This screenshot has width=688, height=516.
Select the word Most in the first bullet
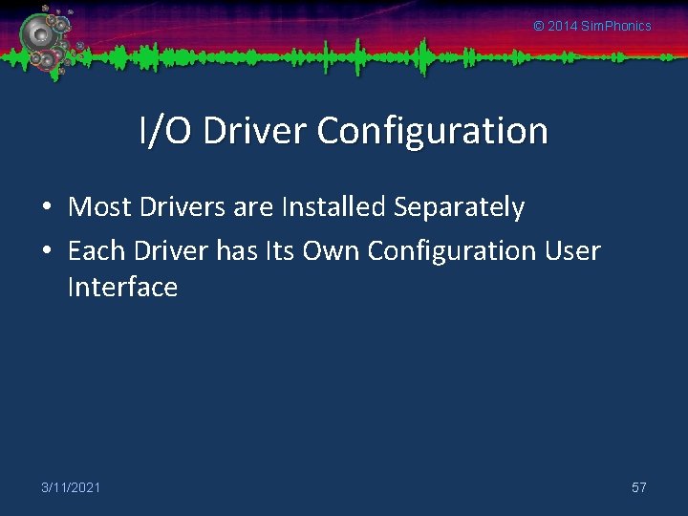click(x=99, y=207)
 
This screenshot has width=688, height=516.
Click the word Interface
click(x=122, y=288)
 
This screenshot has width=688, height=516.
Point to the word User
click(x=572, y=251)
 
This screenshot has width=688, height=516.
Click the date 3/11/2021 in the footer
click(x=71, y=488)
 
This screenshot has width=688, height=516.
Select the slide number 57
click(x=639, y=488)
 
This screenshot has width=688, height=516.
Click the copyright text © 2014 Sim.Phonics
click(x=592, y=26)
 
